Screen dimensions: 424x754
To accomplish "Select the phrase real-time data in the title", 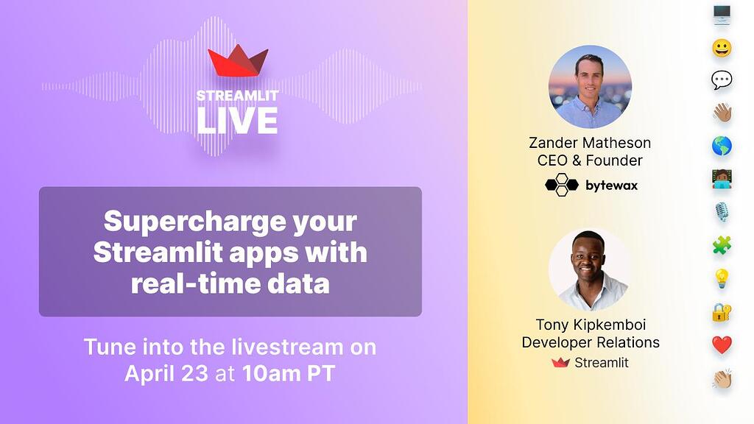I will [230, 283].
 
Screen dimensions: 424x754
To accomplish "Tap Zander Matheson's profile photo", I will [590, 87].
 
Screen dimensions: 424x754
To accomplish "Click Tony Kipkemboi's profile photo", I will [590, 269].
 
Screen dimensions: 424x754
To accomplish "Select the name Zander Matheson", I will [590, 143].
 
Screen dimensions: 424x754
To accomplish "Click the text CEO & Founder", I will [590, 160].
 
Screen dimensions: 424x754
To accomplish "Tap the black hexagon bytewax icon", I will [561, 185].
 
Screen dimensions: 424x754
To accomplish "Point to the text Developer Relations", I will [590, 342].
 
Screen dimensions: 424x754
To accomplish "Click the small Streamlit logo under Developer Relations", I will [561, 362].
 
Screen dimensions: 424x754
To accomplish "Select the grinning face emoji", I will [722, 48].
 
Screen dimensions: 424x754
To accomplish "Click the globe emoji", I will [722, 146].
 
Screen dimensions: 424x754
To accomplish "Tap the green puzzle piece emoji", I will [722, 245].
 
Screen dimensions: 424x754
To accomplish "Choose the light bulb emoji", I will [722, 278].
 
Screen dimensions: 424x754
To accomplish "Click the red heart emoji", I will [722, 344].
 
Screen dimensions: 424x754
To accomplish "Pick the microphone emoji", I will [722, 212].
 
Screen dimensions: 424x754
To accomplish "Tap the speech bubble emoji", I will [722, 80].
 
